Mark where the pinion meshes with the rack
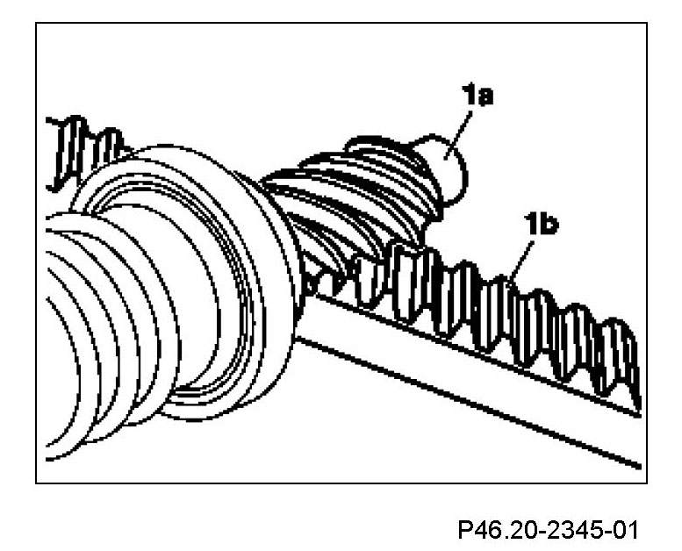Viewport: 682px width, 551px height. tap(351, 272)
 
